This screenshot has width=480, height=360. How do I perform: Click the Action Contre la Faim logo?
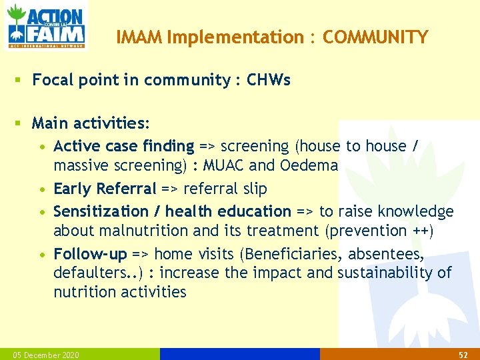coord(46,26)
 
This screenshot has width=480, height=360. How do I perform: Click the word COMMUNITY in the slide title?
coord(375,38)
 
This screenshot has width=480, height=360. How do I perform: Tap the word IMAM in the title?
coord(140,38)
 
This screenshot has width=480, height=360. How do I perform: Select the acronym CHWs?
coord(269,81)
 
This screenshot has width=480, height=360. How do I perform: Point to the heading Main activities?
coord(91,123)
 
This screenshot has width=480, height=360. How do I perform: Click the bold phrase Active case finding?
coord(123,146)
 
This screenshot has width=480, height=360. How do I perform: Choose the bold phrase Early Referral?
coord(105,189)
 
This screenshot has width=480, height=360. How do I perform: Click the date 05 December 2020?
coord(41,355)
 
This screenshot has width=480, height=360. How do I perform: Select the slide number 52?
coord(464,355)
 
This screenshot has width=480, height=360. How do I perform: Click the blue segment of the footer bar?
coord(240,354)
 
